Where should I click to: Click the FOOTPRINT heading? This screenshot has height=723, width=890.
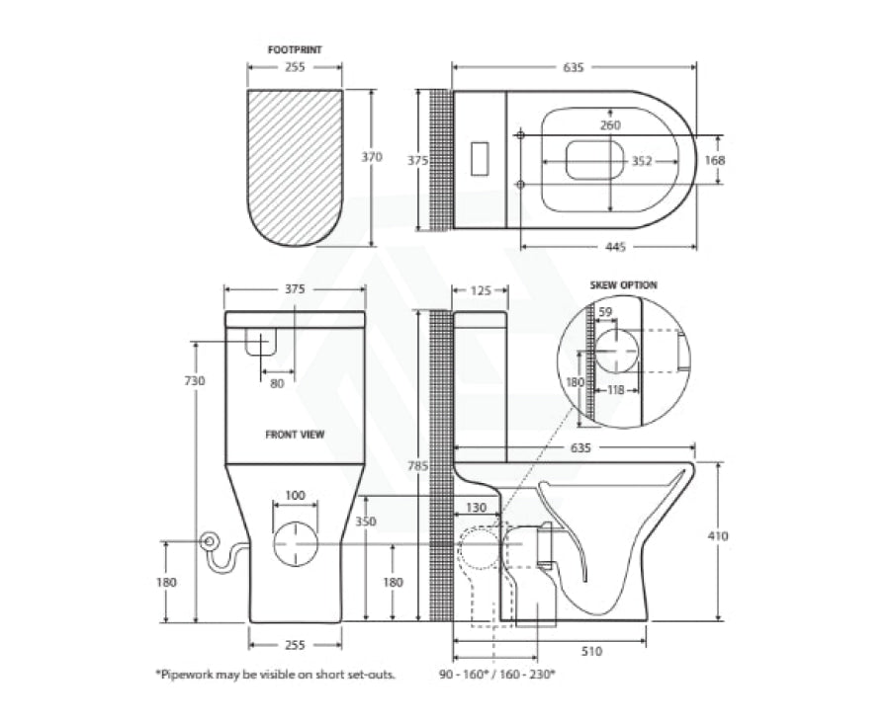[295, 50]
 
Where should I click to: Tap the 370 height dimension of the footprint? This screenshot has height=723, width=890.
[373, 156]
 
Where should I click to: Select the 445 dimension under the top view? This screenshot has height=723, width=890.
[616, 247]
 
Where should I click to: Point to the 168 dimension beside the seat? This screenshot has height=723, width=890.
[715, 160]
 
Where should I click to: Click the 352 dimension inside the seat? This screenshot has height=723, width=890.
[642, 162]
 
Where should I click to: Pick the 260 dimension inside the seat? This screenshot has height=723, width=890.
[611, 125]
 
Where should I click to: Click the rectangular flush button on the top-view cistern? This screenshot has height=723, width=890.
[481, 159]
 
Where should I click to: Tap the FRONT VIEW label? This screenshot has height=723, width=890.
[295, 435]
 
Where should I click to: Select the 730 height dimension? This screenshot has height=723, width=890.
[195, 381]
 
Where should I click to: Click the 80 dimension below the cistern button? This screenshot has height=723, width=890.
[277, 384]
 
